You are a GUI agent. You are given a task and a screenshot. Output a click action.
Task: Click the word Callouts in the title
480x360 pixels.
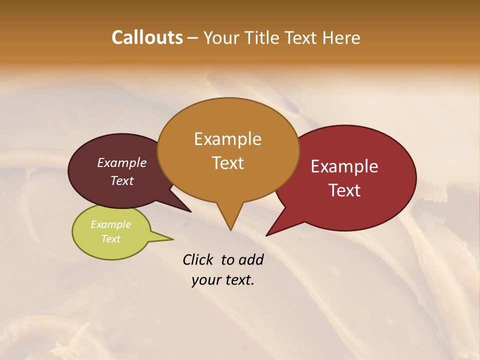coord(147,37)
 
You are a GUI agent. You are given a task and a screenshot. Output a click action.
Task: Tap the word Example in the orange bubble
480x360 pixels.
coord(227,139)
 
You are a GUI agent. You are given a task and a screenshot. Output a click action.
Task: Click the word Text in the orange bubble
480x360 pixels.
coord(228,163)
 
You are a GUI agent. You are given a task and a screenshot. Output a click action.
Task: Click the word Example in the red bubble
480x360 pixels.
coord(344,166)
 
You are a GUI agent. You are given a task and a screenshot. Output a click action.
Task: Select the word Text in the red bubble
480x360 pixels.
coord(345,190)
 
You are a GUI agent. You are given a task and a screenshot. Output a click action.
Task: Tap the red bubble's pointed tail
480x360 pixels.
coord(272,231)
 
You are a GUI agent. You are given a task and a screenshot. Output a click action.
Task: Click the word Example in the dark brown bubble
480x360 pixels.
coord(121,162)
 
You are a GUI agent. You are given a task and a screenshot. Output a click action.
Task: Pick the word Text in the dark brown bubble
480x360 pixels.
coord(122,180)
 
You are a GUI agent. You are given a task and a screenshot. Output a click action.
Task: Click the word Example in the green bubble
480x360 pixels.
coord(110,224)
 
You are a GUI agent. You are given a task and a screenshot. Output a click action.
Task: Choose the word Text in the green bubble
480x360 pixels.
coord(111,239)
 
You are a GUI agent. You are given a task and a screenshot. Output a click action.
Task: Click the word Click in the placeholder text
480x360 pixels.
coord(198,259)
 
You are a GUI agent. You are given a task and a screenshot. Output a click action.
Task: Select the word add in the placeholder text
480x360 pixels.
coord(251,259)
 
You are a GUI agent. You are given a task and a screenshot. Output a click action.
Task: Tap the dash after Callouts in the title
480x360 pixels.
coord(193,38)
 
